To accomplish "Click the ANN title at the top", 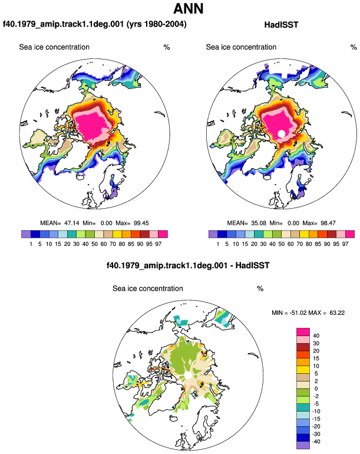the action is pos(189,8).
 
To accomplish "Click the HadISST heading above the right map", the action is pos(281,25).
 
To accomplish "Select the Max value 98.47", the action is pos(328,223).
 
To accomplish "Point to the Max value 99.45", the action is pos(141,223).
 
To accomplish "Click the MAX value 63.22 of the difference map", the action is pos(337,312).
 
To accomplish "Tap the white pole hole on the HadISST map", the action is pos(281,133).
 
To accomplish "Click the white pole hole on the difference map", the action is pos(188,376).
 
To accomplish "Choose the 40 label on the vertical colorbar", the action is pos(316,335).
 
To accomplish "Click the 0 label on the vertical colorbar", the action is pos(316,389).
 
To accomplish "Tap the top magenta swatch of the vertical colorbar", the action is pos(303,332).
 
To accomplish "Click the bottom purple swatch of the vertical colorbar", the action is pos(303,445).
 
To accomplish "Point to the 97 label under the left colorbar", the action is pos(158,244).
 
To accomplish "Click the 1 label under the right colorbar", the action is pos(217,244).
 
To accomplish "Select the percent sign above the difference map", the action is pos(260,289).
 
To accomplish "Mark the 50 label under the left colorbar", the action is pos(94,244).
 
